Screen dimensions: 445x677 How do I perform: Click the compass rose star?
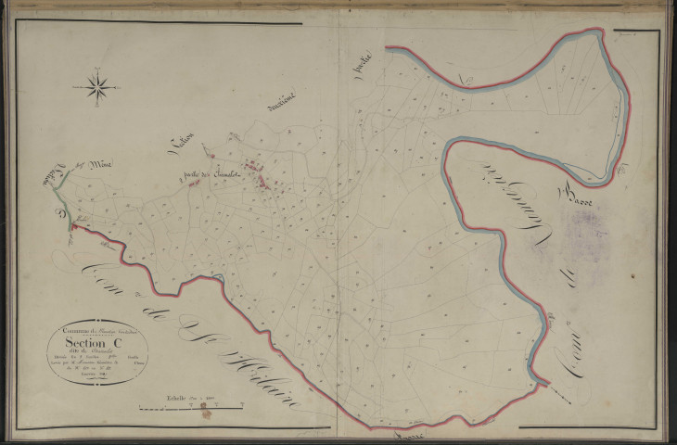tap(97, 87)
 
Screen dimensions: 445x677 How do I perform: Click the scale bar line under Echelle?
tap(190, 406)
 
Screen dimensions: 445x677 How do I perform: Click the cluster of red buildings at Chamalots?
tap(263, 181)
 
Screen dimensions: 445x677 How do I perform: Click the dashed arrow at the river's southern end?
tap(556, 390)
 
